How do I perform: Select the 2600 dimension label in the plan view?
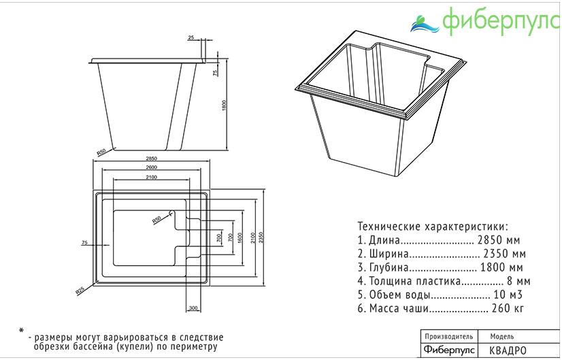[151, 167]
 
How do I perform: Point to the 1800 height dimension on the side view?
[223, 105]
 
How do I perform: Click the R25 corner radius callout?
[80, 291]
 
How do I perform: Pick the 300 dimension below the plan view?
[193, 309]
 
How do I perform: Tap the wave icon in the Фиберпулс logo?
[425, 24]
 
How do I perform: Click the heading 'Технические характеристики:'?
[432, 227]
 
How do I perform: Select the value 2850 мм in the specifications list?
[499, 240]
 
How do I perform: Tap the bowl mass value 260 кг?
[508, 308]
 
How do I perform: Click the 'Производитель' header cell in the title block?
[448, 337]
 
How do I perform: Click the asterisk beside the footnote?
[21, 331]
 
